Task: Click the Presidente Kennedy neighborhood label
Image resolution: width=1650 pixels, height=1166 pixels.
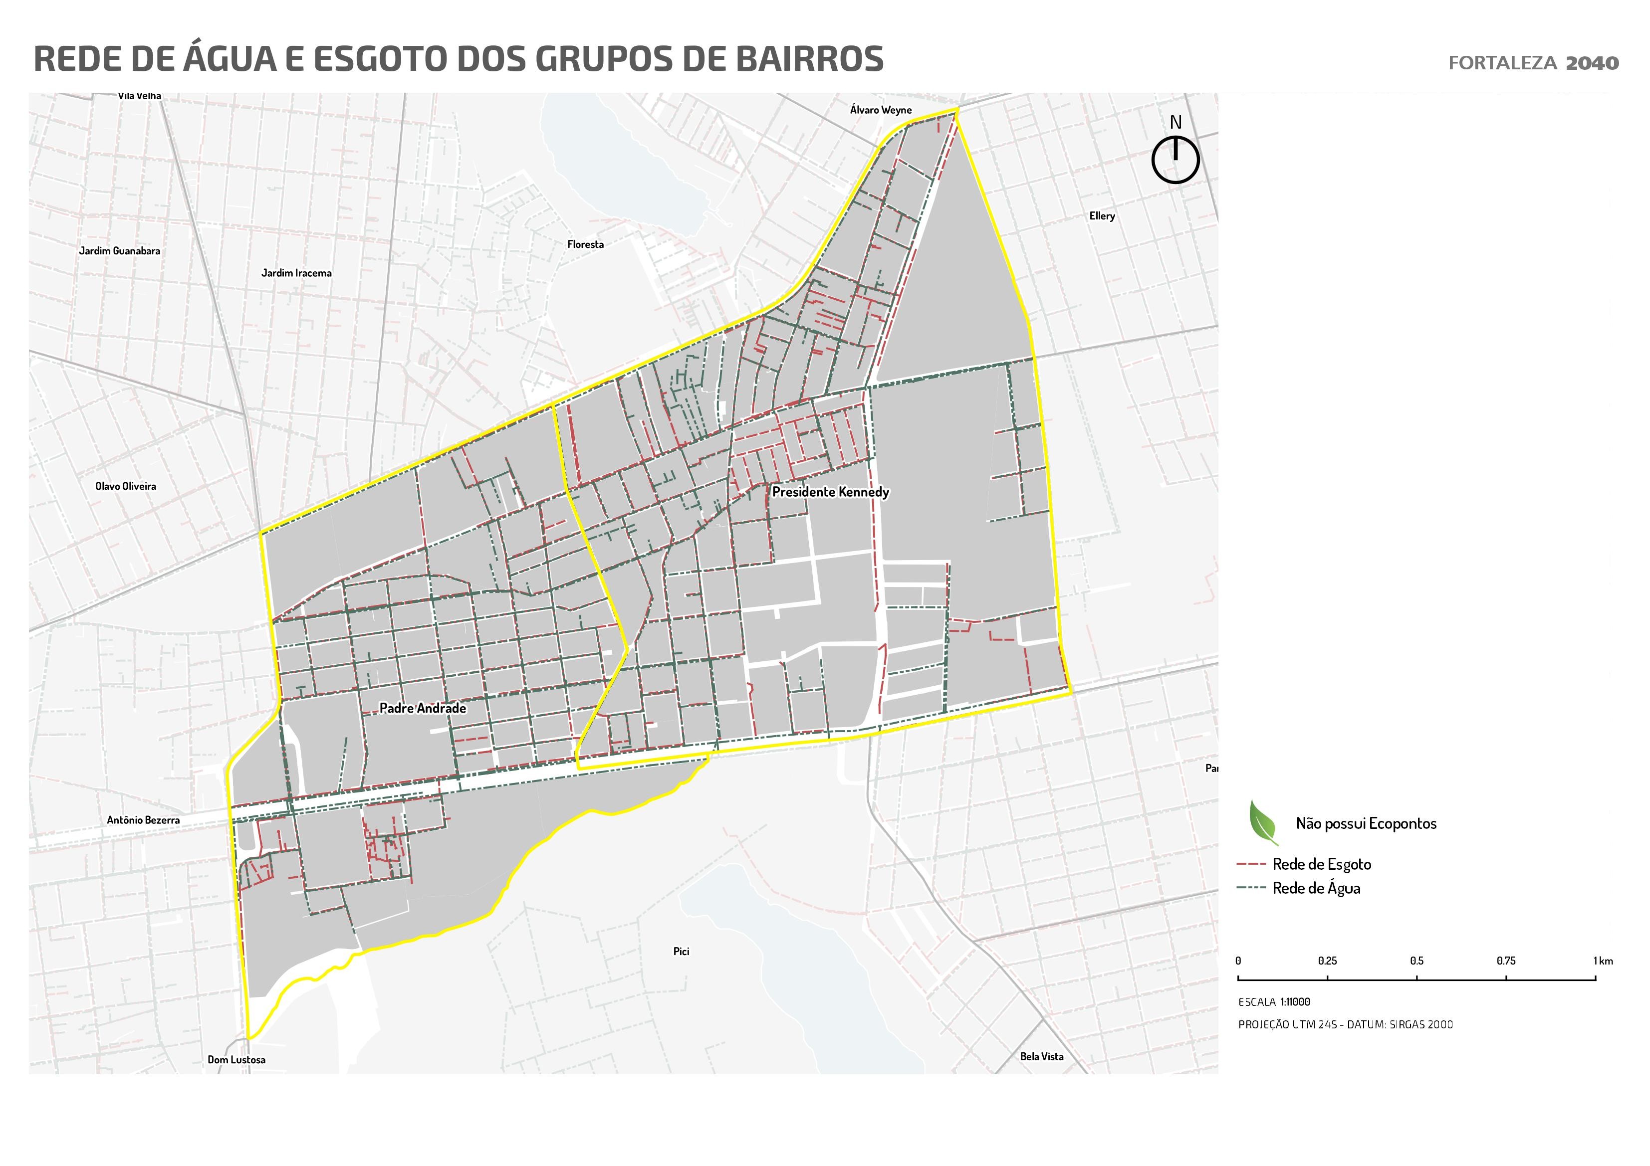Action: (830, 492)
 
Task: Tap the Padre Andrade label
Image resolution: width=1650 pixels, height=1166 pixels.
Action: (423, 708)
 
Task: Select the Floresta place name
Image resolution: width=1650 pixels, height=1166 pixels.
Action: (585, 244)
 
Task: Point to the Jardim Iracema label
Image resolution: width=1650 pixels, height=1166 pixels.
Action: (296, 273)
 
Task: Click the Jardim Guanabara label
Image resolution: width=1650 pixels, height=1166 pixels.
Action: (119, 251)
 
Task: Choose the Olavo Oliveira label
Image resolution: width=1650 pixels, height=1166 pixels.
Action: (126, 486)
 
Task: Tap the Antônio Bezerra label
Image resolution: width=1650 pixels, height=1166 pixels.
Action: (143, 820)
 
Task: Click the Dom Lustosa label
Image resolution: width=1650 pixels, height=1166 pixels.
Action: (236, 1060)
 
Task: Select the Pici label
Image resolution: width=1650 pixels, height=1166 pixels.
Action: (681, 951)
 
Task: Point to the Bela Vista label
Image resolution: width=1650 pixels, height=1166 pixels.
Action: (1041, 1056)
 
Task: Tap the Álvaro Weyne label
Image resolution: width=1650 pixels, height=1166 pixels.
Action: (880, 110)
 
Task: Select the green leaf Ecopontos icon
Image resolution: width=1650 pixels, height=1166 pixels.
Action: (1263, 822)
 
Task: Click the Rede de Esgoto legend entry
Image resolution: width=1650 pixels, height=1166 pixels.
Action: (1321, 864)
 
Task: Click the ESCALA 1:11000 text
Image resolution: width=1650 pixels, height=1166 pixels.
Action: (1274, 1001)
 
